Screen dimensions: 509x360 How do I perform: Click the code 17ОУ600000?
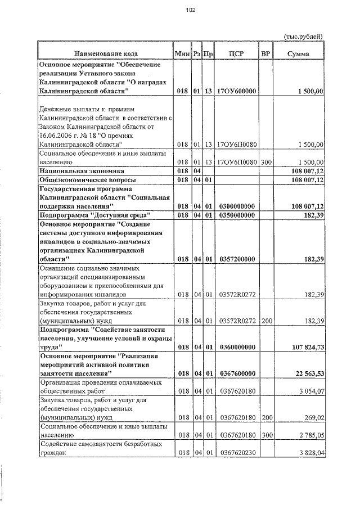pos(236,91)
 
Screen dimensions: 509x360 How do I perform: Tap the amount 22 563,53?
pos(307,373)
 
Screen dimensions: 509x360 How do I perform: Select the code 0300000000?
pos(236,206)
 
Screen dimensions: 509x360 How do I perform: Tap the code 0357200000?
pos(236,259)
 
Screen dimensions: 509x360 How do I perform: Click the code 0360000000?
pos(236,348)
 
